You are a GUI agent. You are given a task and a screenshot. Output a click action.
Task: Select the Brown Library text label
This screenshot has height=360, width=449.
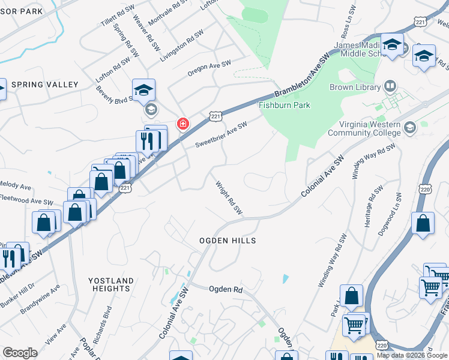(355, 87)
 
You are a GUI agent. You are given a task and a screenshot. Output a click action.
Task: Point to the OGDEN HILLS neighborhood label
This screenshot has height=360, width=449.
(228, 241)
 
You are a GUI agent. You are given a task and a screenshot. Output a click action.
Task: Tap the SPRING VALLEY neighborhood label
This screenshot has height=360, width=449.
(44, 85)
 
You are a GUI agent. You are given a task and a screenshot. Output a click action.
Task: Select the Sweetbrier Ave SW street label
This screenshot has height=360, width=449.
(221, 135)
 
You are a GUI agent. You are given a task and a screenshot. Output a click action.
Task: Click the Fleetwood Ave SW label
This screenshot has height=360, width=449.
(26, 199)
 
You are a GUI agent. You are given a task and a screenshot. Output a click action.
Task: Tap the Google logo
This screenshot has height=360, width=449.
(20, 353)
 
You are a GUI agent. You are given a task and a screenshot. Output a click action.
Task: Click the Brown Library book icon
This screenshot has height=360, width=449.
(391, 86)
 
